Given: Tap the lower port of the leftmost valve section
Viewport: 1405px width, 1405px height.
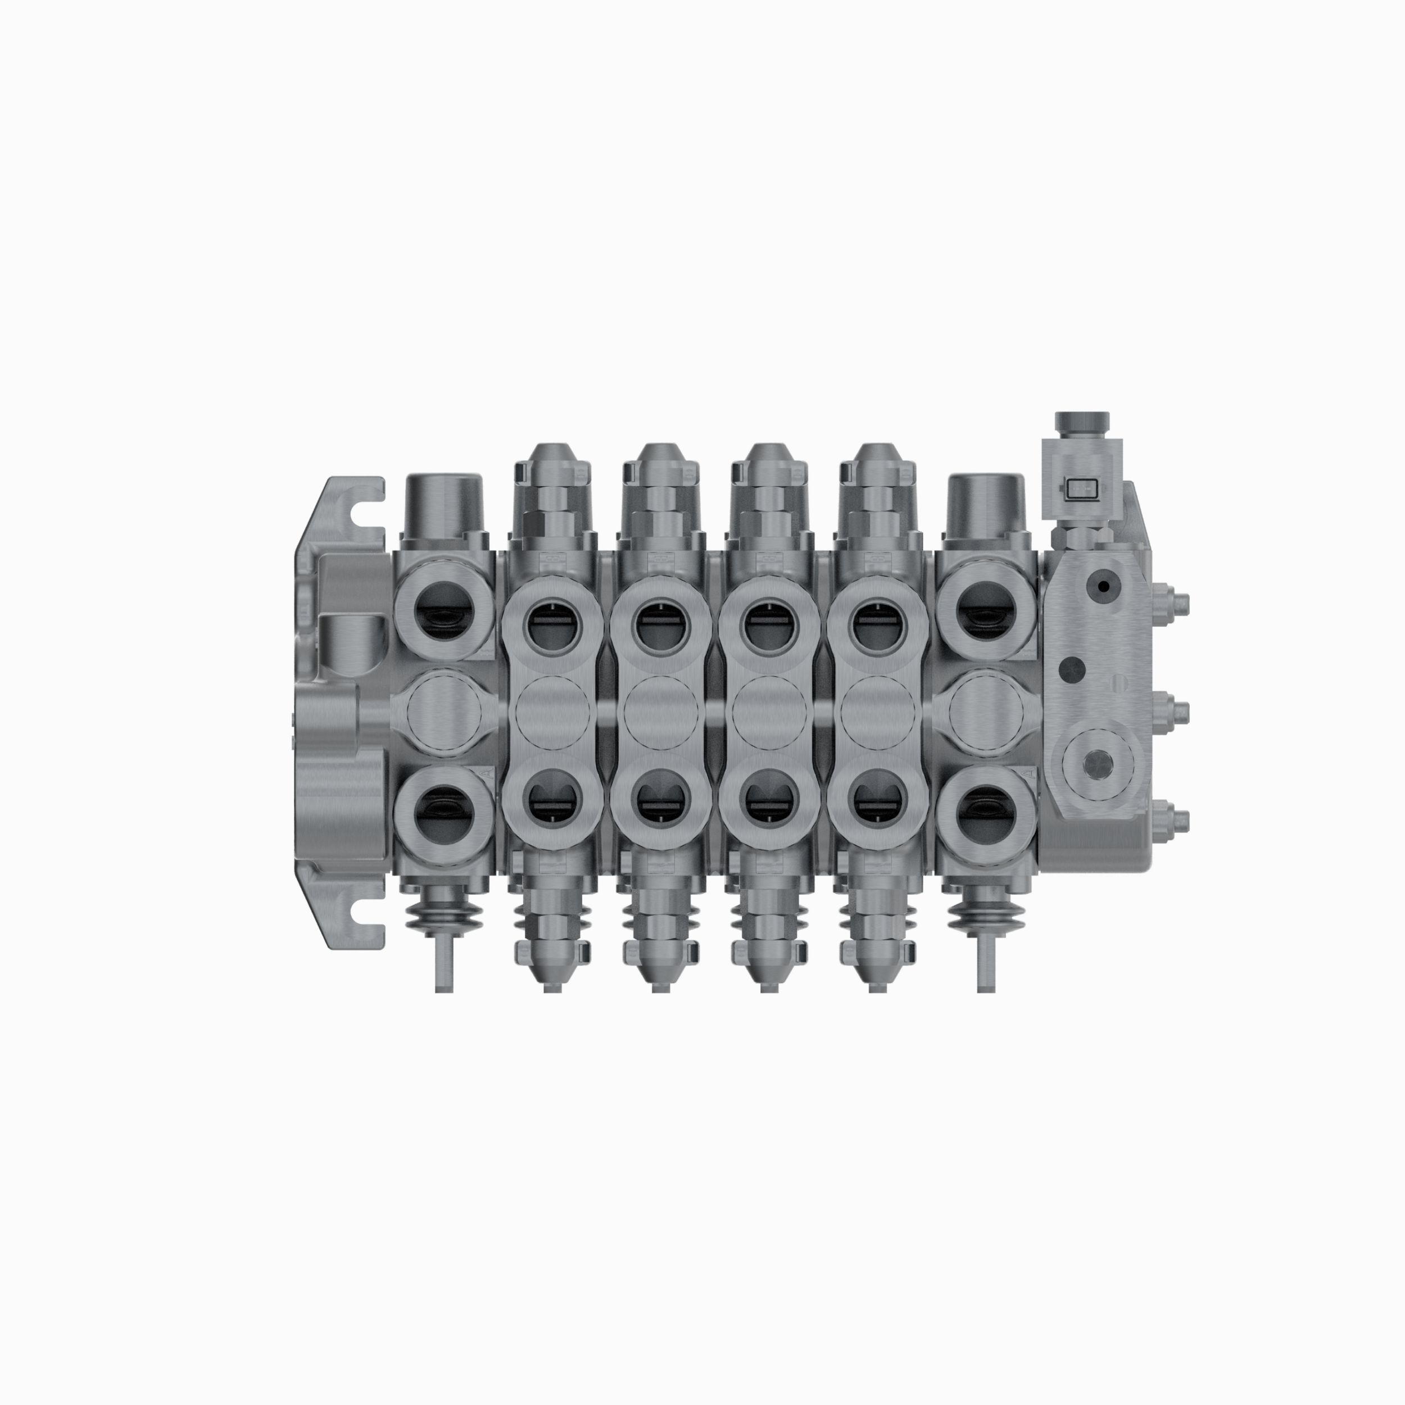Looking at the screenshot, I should pyautogui.click(x=443, y=812).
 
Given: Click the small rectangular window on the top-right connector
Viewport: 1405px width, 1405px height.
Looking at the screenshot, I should pyautogui.click(x=1080, y=490).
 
